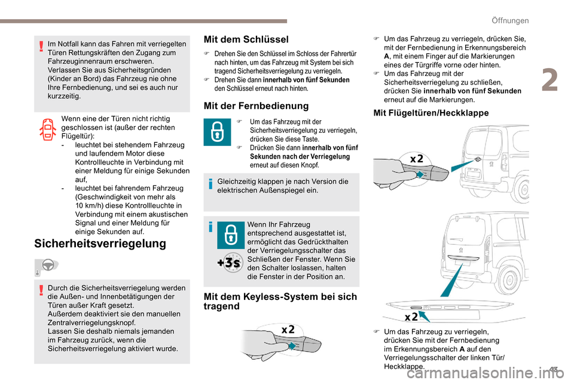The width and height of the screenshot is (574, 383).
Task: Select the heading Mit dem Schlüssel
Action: pos(246,39)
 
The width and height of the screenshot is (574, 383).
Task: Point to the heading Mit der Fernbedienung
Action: pos(256,106)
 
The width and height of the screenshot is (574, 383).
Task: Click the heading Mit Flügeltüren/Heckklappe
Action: pos(422,113)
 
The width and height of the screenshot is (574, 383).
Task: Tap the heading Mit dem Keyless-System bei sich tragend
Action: pos(280,301)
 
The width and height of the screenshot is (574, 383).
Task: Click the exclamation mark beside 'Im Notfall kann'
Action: pos(40,47)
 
